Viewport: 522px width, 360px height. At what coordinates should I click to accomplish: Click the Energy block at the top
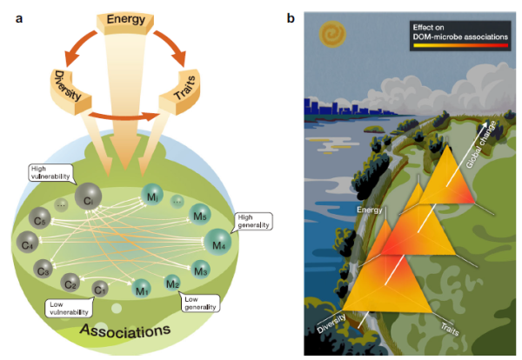point(126,20)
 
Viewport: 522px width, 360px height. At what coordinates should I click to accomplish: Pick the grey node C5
point(40,219)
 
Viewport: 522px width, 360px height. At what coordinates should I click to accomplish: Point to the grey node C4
point(28,243)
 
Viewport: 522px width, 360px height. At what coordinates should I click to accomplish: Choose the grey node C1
point(101,288)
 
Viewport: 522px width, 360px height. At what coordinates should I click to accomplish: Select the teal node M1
point(139,290)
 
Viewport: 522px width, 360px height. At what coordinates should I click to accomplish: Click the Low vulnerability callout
point(66,308)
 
